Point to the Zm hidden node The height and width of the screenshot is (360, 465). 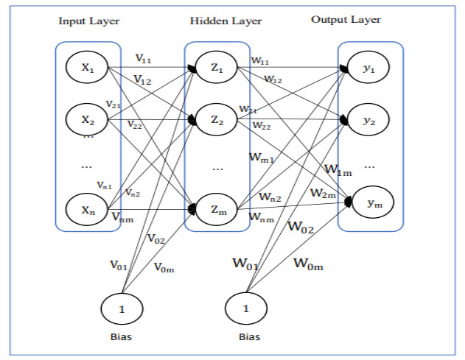(216, 210)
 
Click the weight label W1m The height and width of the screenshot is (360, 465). (339, 169)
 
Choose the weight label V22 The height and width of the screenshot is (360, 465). (135, 124)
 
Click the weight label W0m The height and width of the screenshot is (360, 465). (310, 262)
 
